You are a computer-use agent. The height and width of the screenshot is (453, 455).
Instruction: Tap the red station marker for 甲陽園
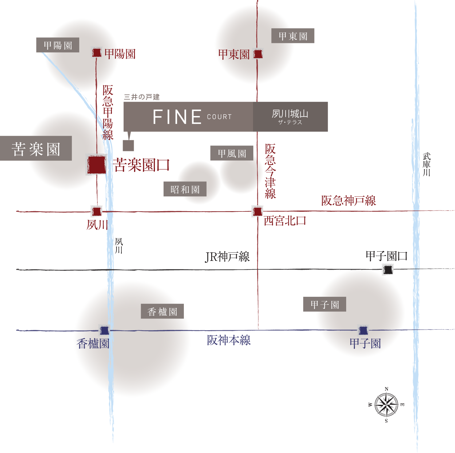(x=97, y=53)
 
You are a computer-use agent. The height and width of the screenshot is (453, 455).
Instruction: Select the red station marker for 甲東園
(x=258, y=54)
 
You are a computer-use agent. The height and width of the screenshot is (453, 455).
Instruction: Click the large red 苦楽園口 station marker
(x=97, y=165)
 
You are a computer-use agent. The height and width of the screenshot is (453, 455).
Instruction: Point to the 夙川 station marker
(x=97, y=211)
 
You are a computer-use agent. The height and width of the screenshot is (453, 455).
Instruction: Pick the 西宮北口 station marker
(x=257, y=211)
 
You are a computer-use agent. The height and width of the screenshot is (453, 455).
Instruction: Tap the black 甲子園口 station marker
(x=388, y=270)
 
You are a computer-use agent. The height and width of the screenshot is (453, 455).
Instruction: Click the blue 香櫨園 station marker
(x=104, y=331)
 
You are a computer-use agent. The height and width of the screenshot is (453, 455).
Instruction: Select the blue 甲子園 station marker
(x=363, y=330)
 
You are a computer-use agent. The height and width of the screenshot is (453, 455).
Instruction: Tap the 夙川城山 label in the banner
(x=290, y=114)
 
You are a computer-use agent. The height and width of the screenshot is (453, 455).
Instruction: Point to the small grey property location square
(x=128, y=145)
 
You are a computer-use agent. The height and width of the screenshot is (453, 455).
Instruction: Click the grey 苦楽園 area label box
(x=36, y=149)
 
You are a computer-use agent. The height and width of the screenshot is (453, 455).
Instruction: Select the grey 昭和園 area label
(x=185, y=189)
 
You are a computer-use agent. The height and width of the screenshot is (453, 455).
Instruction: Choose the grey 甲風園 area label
(x=232, y=153)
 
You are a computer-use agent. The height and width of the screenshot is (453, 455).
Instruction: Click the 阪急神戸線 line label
(x=349, y=201)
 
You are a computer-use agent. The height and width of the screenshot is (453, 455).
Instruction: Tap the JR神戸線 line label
(x=228, y=257)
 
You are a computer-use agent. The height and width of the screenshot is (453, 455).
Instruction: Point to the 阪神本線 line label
(x=229, y=340)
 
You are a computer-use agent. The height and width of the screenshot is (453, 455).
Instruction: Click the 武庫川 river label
(x=426, y=165)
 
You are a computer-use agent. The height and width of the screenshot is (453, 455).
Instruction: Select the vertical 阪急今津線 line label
(x=270, y=171)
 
